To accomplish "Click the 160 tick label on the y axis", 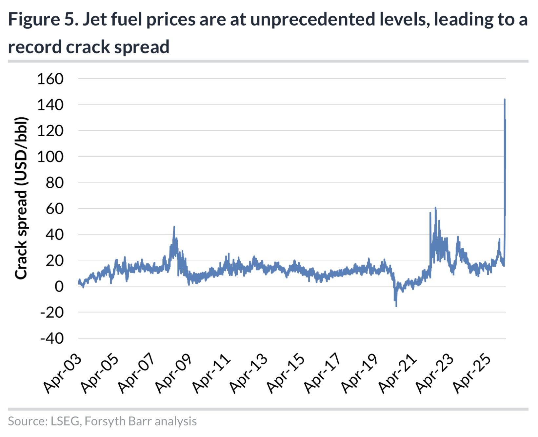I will tap(50, 79).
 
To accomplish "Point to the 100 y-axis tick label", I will tap(50, 157).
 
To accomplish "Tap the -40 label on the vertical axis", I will tap(52, 338).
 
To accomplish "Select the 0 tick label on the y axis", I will tap(59, 287).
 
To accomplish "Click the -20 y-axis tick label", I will tap(52, 313).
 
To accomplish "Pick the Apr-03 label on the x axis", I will tap(63, 373).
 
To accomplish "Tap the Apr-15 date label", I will tap(285, 373).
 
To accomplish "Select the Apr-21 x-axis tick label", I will tap(397, 373).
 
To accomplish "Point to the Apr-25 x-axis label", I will tap(471, 373).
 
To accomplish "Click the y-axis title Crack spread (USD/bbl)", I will tap(21, 198).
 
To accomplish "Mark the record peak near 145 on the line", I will tap(505, 99).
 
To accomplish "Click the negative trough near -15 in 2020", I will tap(396, 306).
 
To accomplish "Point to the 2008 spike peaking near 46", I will tap(174, 227).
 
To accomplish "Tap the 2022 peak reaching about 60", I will tap(435, 208).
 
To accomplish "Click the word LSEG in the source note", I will tap(65, 421).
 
